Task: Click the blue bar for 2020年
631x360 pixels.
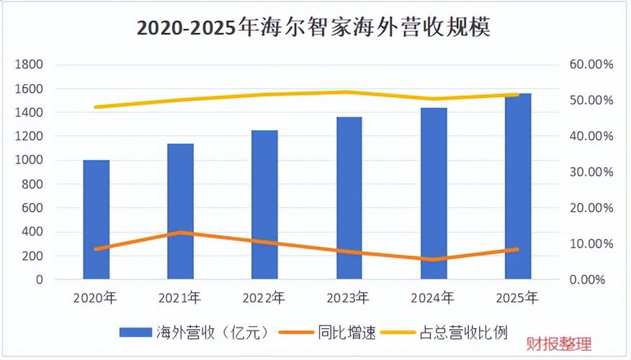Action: tap(97, 220)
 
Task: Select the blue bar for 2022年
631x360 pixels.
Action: tap(265, 204)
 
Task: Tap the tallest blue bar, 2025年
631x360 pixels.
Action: tap(518, 186)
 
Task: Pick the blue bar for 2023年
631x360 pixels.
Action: tap(349, 198)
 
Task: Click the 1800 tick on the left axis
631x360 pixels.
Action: tap(29, 64)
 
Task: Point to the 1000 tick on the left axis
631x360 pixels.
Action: tap(29, 160)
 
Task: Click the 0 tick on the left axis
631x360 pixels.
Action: tap(39, 279)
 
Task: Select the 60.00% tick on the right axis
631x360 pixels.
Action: tap(591, 64)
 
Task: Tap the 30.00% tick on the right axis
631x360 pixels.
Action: tap(591, 172)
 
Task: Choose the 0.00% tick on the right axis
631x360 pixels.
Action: tap(587, 279)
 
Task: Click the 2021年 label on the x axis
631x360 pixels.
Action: tap(179, 298)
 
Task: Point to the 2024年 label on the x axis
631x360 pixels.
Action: tap(433, 298)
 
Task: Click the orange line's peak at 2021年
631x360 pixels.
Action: tap(181, 232)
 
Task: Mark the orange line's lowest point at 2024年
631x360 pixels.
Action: tap(434, 259)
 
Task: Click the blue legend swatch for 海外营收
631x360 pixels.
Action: tap(135, 333)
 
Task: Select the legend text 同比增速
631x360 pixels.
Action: tap(346, 333)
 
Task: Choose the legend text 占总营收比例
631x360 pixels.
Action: tap(464, 333)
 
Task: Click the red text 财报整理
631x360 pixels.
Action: tap(560, 344)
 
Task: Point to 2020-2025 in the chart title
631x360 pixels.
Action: tap(186, 28)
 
